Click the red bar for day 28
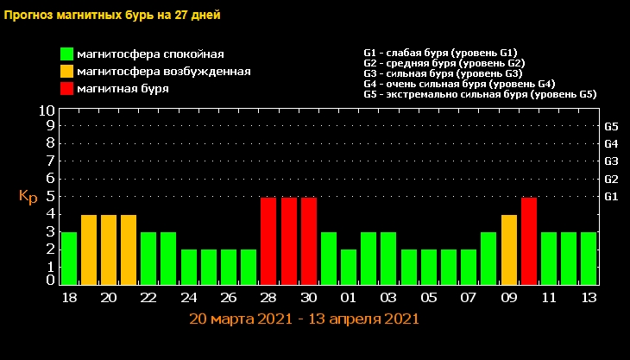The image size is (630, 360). point(268,241)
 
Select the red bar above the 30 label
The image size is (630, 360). point(309,241)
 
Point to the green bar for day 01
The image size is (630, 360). point(349,267)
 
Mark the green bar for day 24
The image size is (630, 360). point(189,267)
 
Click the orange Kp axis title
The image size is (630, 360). point(28,197)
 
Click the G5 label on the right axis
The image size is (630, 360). point(611,125)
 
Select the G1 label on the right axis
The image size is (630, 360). point(611,197)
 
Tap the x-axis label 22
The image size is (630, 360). point(148,298)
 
